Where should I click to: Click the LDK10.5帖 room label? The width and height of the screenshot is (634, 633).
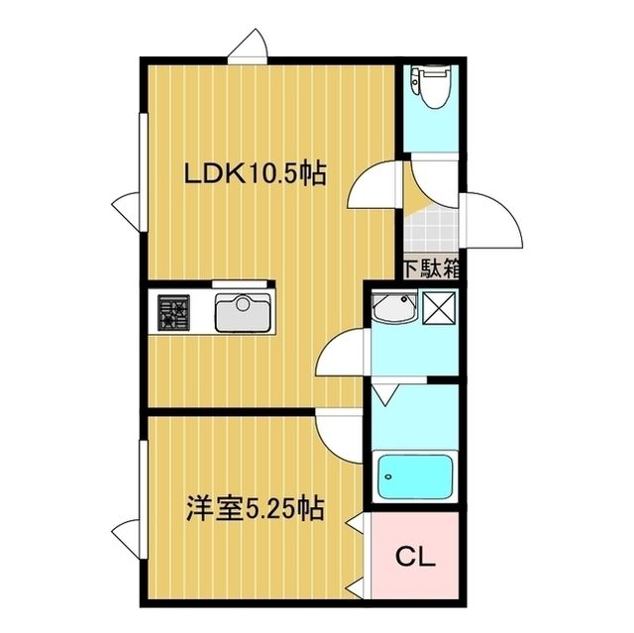(x=255, y=173)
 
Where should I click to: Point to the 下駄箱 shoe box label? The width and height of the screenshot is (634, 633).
(x=432, y=268)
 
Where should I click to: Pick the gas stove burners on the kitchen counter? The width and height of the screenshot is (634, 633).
(x=174, y=312)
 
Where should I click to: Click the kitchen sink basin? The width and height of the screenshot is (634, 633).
(x=243, y=312)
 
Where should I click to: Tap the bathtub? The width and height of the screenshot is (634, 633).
(x=415, y=476)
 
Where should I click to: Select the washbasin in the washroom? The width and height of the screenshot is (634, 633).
(x=394, y=307)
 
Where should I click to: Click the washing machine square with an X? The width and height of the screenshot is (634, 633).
(x=439, y=308)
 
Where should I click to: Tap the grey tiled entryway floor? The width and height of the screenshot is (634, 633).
(x=431, y=230)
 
